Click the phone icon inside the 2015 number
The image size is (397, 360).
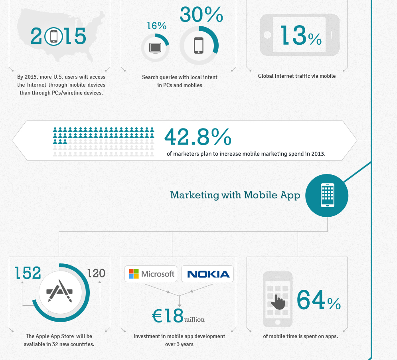click(54, 37)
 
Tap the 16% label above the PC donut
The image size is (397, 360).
click(156, 26)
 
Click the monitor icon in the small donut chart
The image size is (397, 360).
click(155, 47)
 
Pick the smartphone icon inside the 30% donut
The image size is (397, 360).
click(199, 45)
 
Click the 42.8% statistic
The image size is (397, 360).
click(198, 137)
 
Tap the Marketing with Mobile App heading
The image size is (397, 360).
click(235, 195)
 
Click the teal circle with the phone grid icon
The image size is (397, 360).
click(327, 196)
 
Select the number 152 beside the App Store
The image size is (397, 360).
click(28, 273)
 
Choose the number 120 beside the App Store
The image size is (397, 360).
click(96, 273)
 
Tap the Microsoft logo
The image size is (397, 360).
click(151, 274)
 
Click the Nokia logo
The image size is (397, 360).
click(208, 274)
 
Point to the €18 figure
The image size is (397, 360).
click(168, 316)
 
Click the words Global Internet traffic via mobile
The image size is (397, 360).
click(296, 76)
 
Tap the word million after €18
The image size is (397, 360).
click(194, 319)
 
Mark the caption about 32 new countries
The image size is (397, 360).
click(59, 340)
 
